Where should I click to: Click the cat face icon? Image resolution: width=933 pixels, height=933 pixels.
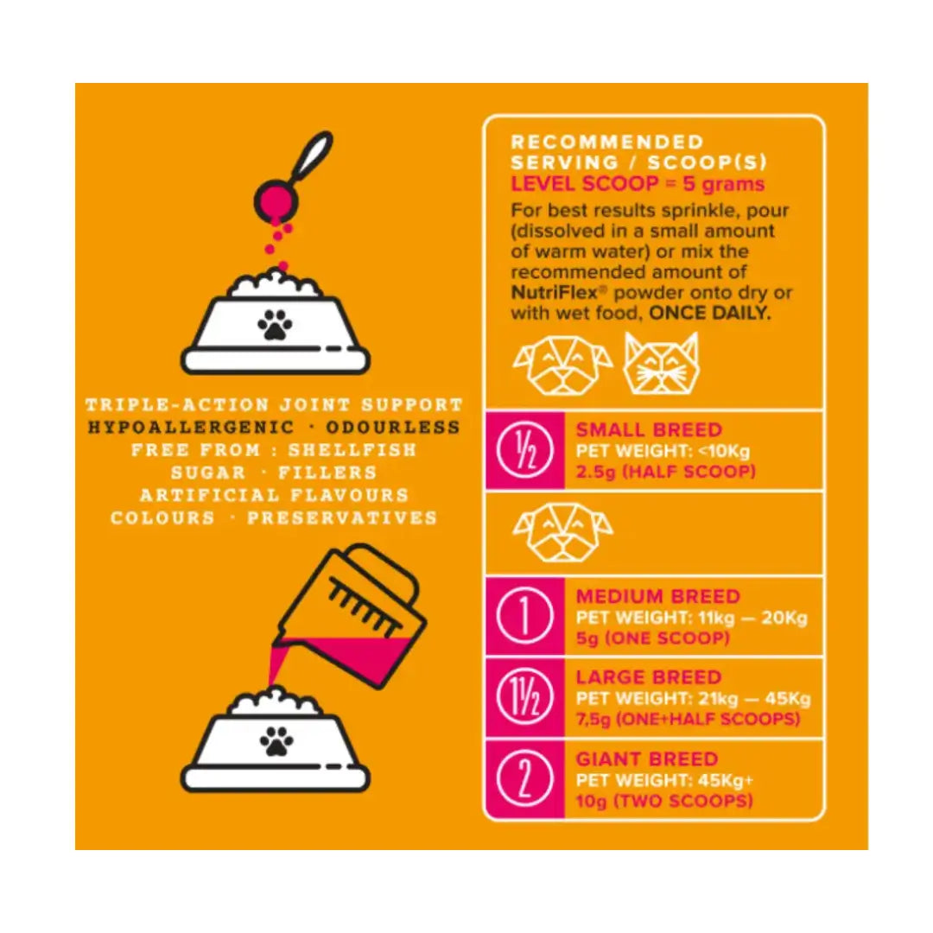pyautogui.click(x=661, y=364)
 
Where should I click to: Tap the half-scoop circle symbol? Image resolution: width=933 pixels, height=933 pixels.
pyautogui.click(x=525, y=450)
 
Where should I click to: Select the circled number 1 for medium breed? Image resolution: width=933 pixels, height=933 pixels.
pyautogui.click(x=525, y=616)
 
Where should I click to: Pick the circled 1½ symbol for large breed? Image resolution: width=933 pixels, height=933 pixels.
pyautogui.click(x=525, y=697)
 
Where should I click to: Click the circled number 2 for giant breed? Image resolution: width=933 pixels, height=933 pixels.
pyautogui.click(x=525, y=779)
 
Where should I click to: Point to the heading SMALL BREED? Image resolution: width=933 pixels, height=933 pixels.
pyautogui.click(x=649, y=429)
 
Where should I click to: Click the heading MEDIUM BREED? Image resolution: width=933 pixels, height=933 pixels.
pyautogui.click(x=658, y=596)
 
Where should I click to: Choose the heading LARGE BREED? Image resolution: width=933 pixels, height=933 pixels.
pyautogui.click(x=649, y=677)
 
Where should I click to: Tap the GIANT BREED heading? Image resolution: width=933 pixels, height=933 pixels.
pyautogui.click(x=647, y=759)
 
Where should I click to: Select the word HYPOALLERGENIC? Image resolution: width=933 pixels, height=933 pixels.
pyautogui.click(x=191, y=428)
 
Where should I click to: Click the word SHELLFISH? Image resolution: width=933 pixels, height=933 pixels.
pyautogui.click(x=352, y=450)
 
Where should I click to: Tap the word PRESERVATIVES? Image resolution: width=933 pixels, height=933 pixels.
pyautogui.click(x=342, y=517)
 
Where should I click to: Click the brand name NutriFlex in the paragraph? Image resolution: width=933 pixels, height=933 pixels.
pyautogui.click(x=554, y=293)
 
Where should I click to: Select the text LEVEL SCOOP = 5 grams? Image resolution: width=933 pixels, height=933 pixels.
pyautogui.click(x=638, y=185)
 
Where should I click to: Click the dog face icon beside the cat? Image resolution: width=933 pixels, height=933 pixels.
pyautogui.click(x=563, y=365)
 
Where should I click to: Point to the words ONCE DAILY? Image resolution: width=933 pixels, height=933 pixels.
pyautogui.click(x=709, y=313)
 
